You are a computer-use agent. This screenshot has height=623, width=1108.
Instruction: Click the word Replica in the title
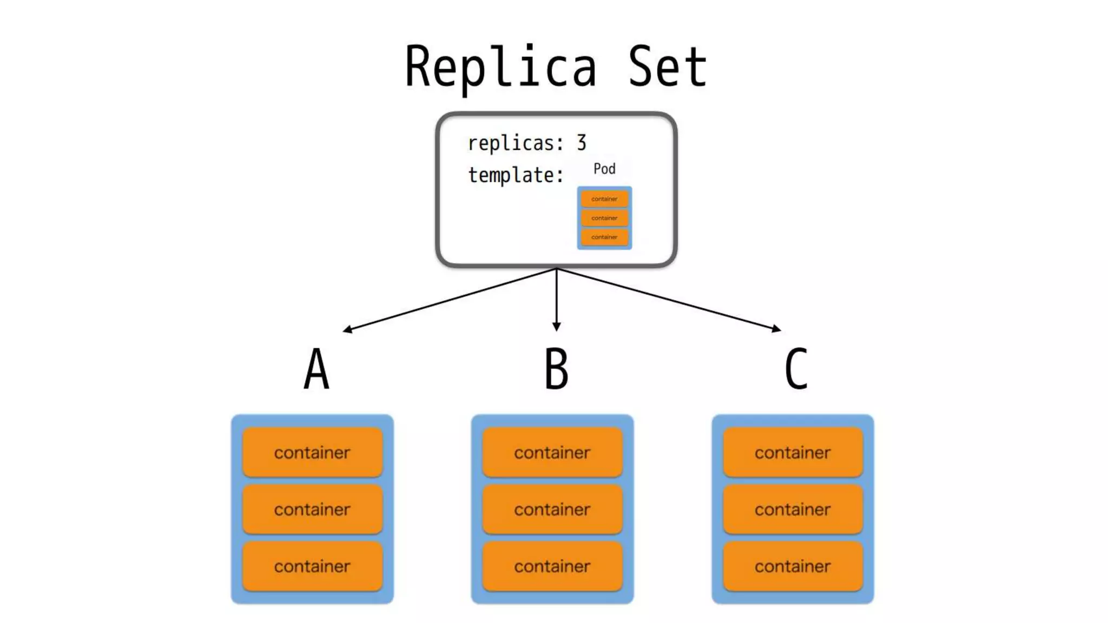click(500, 68)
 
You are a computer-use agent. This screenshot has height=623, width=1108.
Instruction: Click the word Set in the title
click(667, 68)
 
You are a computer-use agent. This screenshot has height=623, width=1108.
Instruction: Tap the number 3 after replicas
click(581, 143)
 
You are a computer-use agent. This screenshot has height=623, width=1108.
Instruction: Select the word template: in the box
click(516, 175)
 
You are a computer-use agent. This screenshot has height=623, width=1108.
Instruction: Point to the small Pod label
click(604, 169)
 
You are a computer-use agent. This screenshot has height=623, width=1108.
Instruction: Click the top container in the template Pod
click(604, 199)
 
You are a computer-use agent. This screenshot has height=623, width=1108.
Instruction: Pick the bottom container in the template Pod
click(604, 237)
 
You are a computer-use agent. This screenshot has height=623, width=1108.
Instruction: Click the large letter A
click(316, 369)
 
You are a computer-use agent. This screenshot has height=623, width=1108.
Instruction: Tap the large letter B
click(556, 369)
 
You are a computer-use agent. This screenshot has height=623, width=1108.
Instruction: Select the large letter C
click(796, 369)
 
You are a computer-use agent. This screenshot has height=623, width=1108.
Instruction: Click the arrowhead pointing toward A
click(348, 329)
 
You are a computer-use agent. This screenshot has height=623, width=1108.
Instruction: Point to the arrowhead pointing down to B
click(556, 327)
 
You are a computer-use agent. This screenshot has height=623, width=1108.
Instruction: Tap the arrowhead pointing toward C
click(776, 328)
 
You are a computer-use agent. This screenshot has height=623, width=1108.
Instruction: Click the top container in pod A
click(312, 452)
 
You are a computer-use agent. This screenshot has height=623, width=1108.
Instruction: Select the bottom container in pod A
click(312, 566)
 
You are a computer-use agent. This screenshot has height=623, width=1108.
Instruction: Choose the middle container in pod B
click(552, 509)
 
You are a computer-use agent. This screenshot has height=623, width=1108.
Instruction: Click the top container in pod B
click(552, 452)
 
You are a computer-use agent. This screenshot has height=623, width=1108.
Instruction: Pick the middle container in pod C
click(793, 509)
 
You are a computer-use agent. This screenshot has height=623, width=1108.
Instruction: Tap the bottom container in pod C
click(793, 566)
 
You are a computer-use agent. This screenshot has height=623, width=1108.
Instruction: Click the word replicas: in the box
click(516, 143)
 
